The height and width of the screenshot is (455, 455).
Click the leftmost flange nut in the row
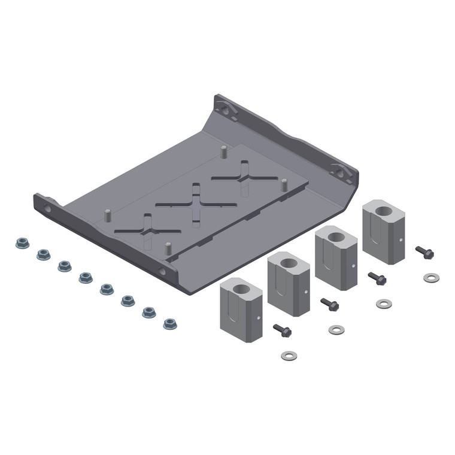tap(22, 243)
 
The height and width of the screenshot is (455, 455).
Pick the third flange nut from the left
tap(65, 266)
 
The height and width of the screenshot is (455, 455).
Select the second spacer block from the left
tap(289, 283)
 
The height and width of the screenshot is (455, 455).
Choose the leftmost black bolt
tap(281, 329)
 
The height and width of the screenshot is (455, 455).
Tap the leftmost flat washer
tap(289, 356)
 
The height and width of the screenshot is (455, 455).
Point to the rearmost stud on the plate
tap(223, 150)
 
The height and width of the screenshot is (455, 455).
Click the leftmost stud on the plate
tap(108, 216)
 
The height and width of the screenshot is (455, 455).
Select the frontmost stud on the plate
tap(168, 247)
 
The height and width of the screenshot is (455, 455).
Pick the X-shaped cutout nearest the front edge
tap(147, 229)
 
